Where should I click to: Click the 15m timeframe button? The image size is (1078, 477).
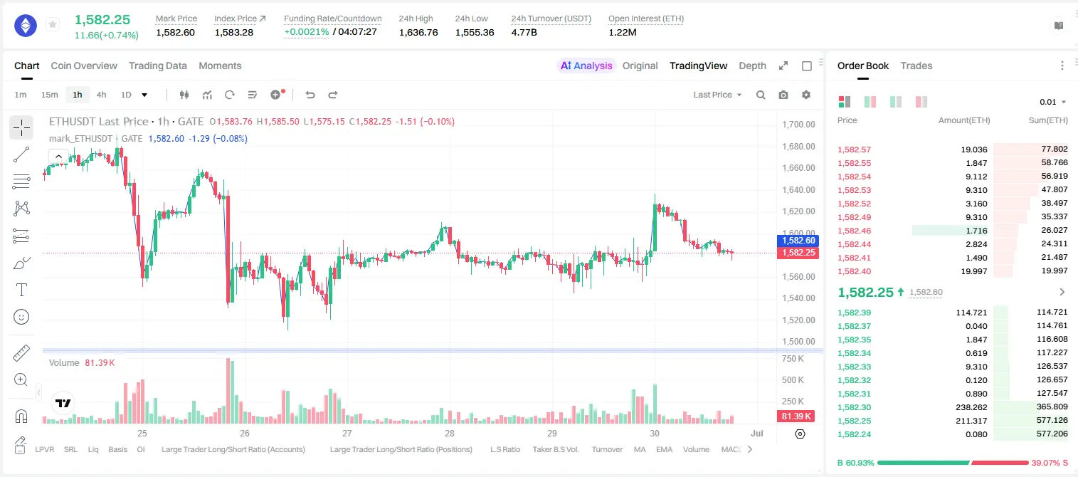click(x=50, y=95)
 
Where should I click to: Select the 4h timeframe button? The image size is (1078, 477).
click(x=101, y=95)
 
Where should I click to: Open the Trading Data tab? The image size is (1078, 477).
click(x=158, y=65)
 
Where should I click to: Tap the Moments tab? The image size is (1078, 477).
click(x=220, y=65)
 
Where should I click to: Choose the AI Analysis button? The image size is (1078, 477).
click(x=586, y=65)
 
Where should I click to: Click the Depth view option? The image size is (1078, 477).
click(x=752, y=65)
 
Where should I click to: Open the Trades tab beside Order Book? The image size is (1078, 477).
click(x=916, y=65)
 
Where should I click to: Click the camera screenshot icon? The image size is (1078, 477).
click(x=783, y=95)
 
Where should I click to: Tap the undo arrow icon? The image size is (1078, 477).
click(x=310, y=95)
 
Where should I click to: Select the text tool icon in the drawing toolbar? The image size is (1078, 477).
click(x=21, y=290)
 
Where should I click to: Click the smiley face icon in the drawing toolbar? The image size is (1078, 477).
click(x=21, y=317)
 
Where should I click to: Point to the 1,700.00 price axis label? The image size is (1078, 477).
click(x=798, y=124)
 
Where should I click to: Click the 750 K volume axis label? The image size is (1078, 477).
click(x=793, y=359)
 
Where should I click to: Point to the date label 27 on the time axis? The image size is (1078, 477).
click(x=347, y=433)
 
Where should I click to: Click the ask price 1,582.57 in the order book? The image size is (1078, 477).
click(x=855, y=150)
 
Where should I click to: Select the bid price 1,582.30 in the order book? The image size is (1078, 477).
click(x=855, y=407)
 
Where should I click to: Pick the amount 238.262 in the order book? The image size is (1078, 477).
click(x=971, y=407)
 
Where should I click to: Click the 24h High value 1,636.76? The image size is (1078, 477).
click(x=418, y=32)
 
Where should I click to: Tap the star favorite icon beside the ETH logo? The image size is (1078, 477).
click(x=53, y=24)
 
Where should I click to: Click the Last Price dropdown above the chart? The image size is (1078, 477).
click(x=717, y=95)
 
